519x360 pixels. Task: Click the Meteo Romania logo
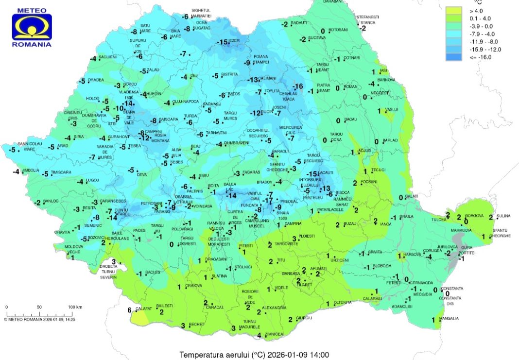click(32, 27)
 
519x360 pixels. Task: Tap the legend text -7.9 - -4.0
click(481, 34)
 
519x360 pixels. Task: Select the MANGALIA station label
click(449, 319)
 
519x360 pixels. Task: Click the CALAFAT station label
click(145, 309)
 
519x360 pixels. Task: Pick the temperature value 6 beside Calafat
click(130, 310)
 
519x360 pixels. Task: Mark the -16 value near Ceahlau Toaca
click(298, 86)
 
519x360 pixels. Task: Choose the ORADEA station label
click(96, 80)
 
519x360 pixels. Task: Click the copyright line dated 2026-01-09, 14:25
click(43, 319)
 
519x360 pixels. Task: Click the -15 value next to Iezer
click(223, 43)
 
